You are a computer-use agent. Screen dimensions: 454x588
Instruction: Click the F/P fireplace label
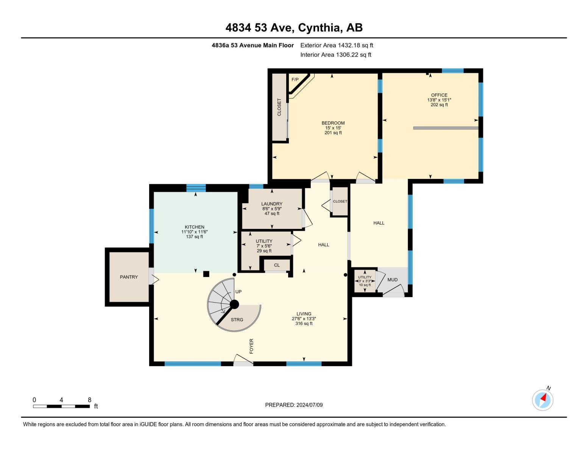pyautogui.click(x=295, y=79)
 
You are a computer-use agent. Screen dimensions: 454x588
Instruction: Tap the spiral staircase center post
pyautogui.click(x=234, y=304)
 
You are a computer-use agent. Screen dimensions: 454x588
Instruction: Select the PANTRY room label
pyautogui.click(x=129, y=277)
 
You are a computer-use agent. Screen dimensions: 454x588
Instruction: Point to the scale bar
pyautogui.click(x=61, y=406)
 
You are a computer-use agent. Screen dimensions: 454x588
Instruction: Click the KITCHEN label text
pyautogui.click(x=194, y=227)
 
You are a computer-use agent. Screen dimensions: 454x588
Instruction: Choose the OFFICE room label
pyautogui.click(x=439, y=95)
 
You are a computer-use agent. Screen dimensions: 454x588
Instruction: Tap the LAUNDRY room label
pyautogui.click(x=271, y=204)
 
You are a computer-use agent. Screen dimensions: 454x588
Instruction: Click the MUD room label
pyautogui.click(x=392, y=280)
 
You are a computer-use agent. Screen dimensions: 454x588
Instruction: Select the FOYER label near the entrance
pyautogui.click(x=251, y=346)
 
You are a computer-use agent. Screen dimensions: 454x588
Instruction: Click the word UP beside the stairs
pyautogui.click(x=238, y=292)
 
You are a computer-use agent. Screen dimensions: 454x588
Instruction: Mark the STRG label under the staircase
pyautogui.click(x=237, y=320)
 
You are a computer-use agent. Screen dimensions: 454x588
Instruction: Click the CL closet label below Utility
pyautogui.click(x=277, y=265)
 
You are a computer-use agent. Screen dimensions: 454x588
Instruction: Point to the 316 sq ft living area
pyautogui.click(x=304, y=323)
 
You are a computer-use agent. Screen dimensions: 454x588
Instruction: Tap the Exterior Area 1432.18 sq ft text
pyautogui.click(x=337, y=45)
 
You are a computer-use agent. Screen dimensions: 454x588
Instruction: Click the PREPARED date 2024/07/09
pyautogui.click(x=294, y=405)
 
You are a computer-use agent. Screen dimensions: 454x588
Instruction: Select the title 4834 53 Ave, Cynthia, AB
pyautogui.click(x=294, y=28)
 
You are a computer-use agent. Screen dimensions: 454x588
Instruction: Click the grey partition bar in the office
pyautogui.click(x=446, y=128)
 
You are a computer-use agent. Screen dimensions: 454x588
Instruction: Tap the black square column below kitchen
pyautogui.click(x=206, y=274)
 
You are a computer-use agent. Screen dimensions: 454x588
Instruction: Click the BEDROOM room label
pyautogui.click(x=333, y=123)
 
